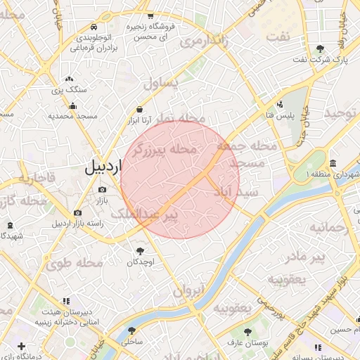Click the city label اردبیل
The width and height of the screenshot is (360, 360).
[x=103, y=167]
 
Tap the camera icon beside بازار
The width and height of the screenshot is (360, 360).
[x=103, y=189]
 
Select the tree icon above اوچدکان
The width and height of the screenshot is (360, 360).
[x=140, y=250]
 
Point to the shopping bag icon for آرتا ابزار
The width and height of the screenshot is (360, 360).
[x=140, y=110]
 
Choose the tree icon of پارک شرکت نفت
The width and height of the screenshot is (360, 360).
[x=321, y=49]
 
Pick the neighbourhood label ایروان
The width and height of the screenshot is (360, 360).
[x=188, y=289]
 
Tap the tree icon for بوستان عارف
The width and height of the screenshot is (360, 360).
[x=247, y=330]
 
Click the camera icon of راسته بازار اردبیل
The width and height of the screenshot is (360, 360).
[x=77, y=212]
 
